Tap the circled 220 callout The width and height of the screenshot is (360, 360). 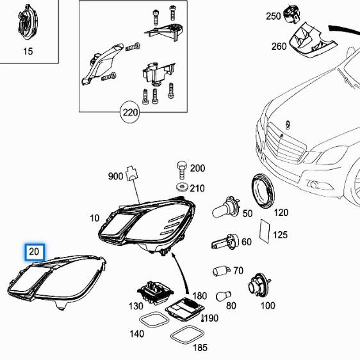tap(130, 114)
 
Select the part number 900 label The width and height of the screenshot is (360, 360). tap(115, 176)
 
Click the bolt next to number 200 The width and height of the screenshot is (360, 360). tap(180, 170)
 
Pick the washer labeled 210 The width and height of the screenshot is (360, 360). tap(181, 187)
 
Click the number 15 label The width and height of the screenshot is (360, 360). tap(28, 51)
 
